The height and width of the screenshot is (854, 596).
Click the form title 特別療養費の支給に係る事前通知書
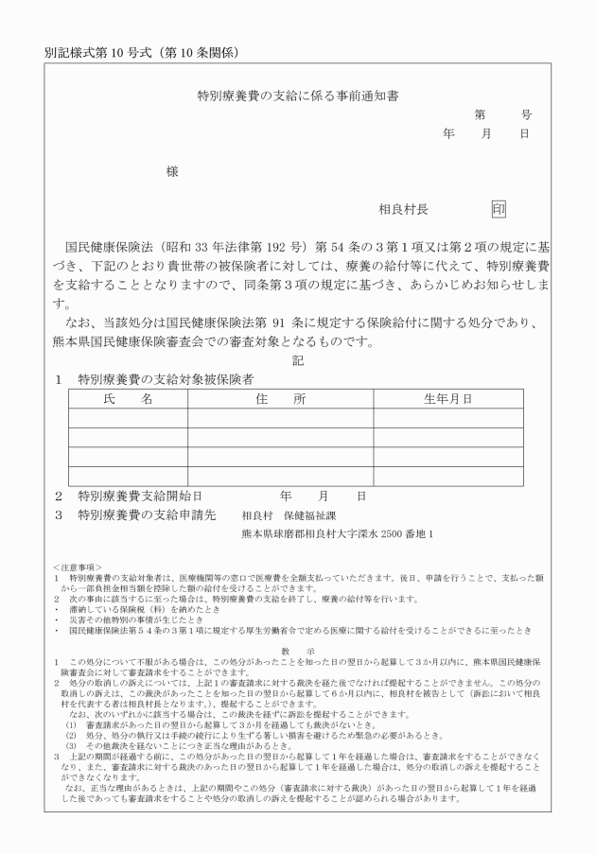tap(297, 96)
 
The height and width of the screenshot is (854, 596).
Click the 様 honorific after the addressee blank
tap(172, 171)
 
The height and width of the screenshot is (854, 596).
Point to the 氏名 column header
tap(129, 399)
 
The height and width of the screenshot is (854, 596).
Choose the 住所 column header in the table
tap(280, 399)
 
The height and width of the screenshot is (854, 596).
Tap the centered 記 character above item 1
tap(298, 360)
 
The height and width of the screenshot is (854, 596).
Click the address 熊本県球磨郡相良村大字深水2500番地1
tap(338, 533)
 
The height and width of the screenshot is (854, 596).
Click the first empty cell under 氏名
tap(129, 418)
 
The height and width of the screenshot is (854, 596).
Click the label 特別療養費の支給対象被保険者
tap(166, 379)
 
